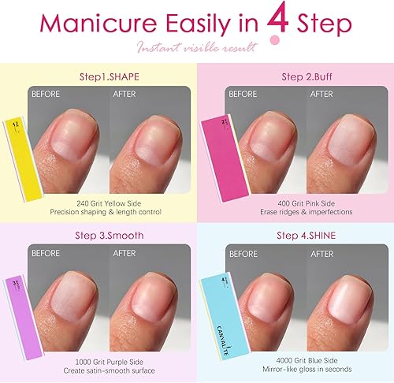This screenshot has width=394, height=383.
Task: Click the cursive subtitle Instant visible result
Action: [197, 50]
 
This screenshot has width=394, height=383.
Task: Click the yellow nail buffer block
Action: [14, 149]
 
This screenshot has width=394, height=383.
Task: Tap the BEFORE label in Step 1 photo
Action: [46, 93]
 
